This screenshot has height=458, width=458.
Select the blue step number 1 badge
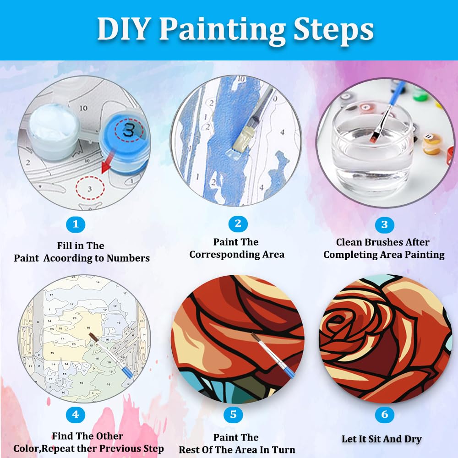click(76, 224)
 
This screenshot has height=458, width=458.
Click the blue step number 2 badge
click(237, 224)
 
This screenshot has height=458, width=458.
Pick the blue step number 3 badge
click(384, 224)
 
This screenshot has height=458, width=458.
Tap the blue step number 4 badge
click(76, 415)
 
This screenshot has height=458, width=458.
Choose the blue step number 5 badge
click(233, 415)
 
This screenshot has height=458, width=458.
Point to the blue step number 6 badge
click(384, 415)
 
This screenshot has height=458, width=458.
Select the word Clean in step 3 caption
click(352, 242)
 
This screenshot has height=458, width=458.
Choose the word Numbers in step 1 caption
click(128, 258)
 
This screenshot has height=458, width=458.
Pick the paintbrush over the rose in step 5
click(268, 353)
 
